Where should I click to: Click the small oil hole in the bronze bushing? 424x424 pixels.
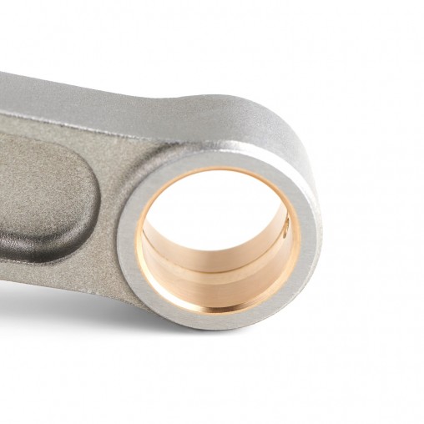pos(285,224)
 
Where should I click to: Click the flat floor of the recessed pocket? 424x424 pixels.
pos(38,192)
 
